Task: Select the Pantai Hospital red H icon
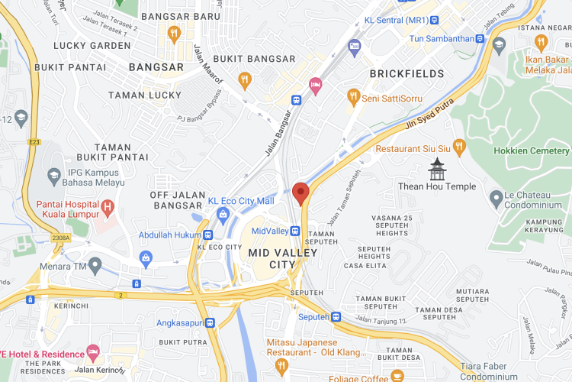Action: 108,206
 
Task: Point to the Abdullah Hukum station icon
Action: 208,235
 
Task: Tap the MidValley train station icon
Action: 295,231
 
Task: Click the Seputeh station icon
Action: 336,317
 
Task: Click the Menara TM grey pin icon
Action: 95,265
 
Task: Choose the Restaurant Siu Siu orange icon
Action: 458,145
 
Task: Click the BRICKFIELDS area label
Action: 406,74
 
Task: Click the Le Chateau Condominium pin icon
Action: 496,199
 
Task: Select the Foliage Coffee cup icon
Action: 397,375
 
